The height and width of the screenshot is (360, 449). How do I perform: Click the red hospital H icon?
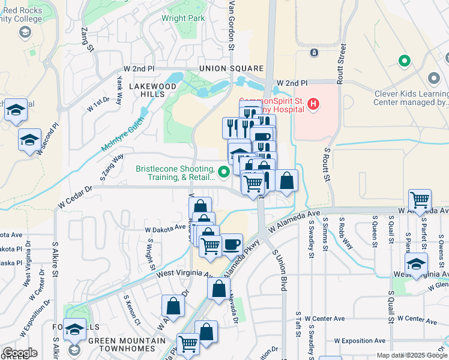(x=312, y=104)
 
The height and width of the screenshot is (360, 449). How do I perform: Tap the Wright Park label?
(x=183, y=18)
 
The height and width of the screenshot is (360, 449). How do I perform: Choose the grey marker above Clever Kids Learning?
(x=434, y=79)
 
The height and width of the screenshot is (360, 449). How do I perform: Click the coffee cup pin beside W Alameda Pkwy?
(x=232, y=245)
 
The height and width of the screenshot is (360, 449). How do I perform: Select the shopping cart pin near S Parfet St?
(x=420, y=200)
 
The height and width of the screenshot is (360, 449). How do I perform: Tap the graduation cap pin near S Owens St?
(x=417, y=263)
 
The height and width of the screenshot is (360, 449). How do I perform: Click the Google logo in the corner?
(x=19, y=353)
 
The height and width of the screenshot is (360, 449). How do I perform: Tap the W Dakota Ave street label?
(x=165, y=228)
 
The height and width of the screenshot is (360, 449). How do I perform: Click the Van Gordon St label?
(x=230, y=22)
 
